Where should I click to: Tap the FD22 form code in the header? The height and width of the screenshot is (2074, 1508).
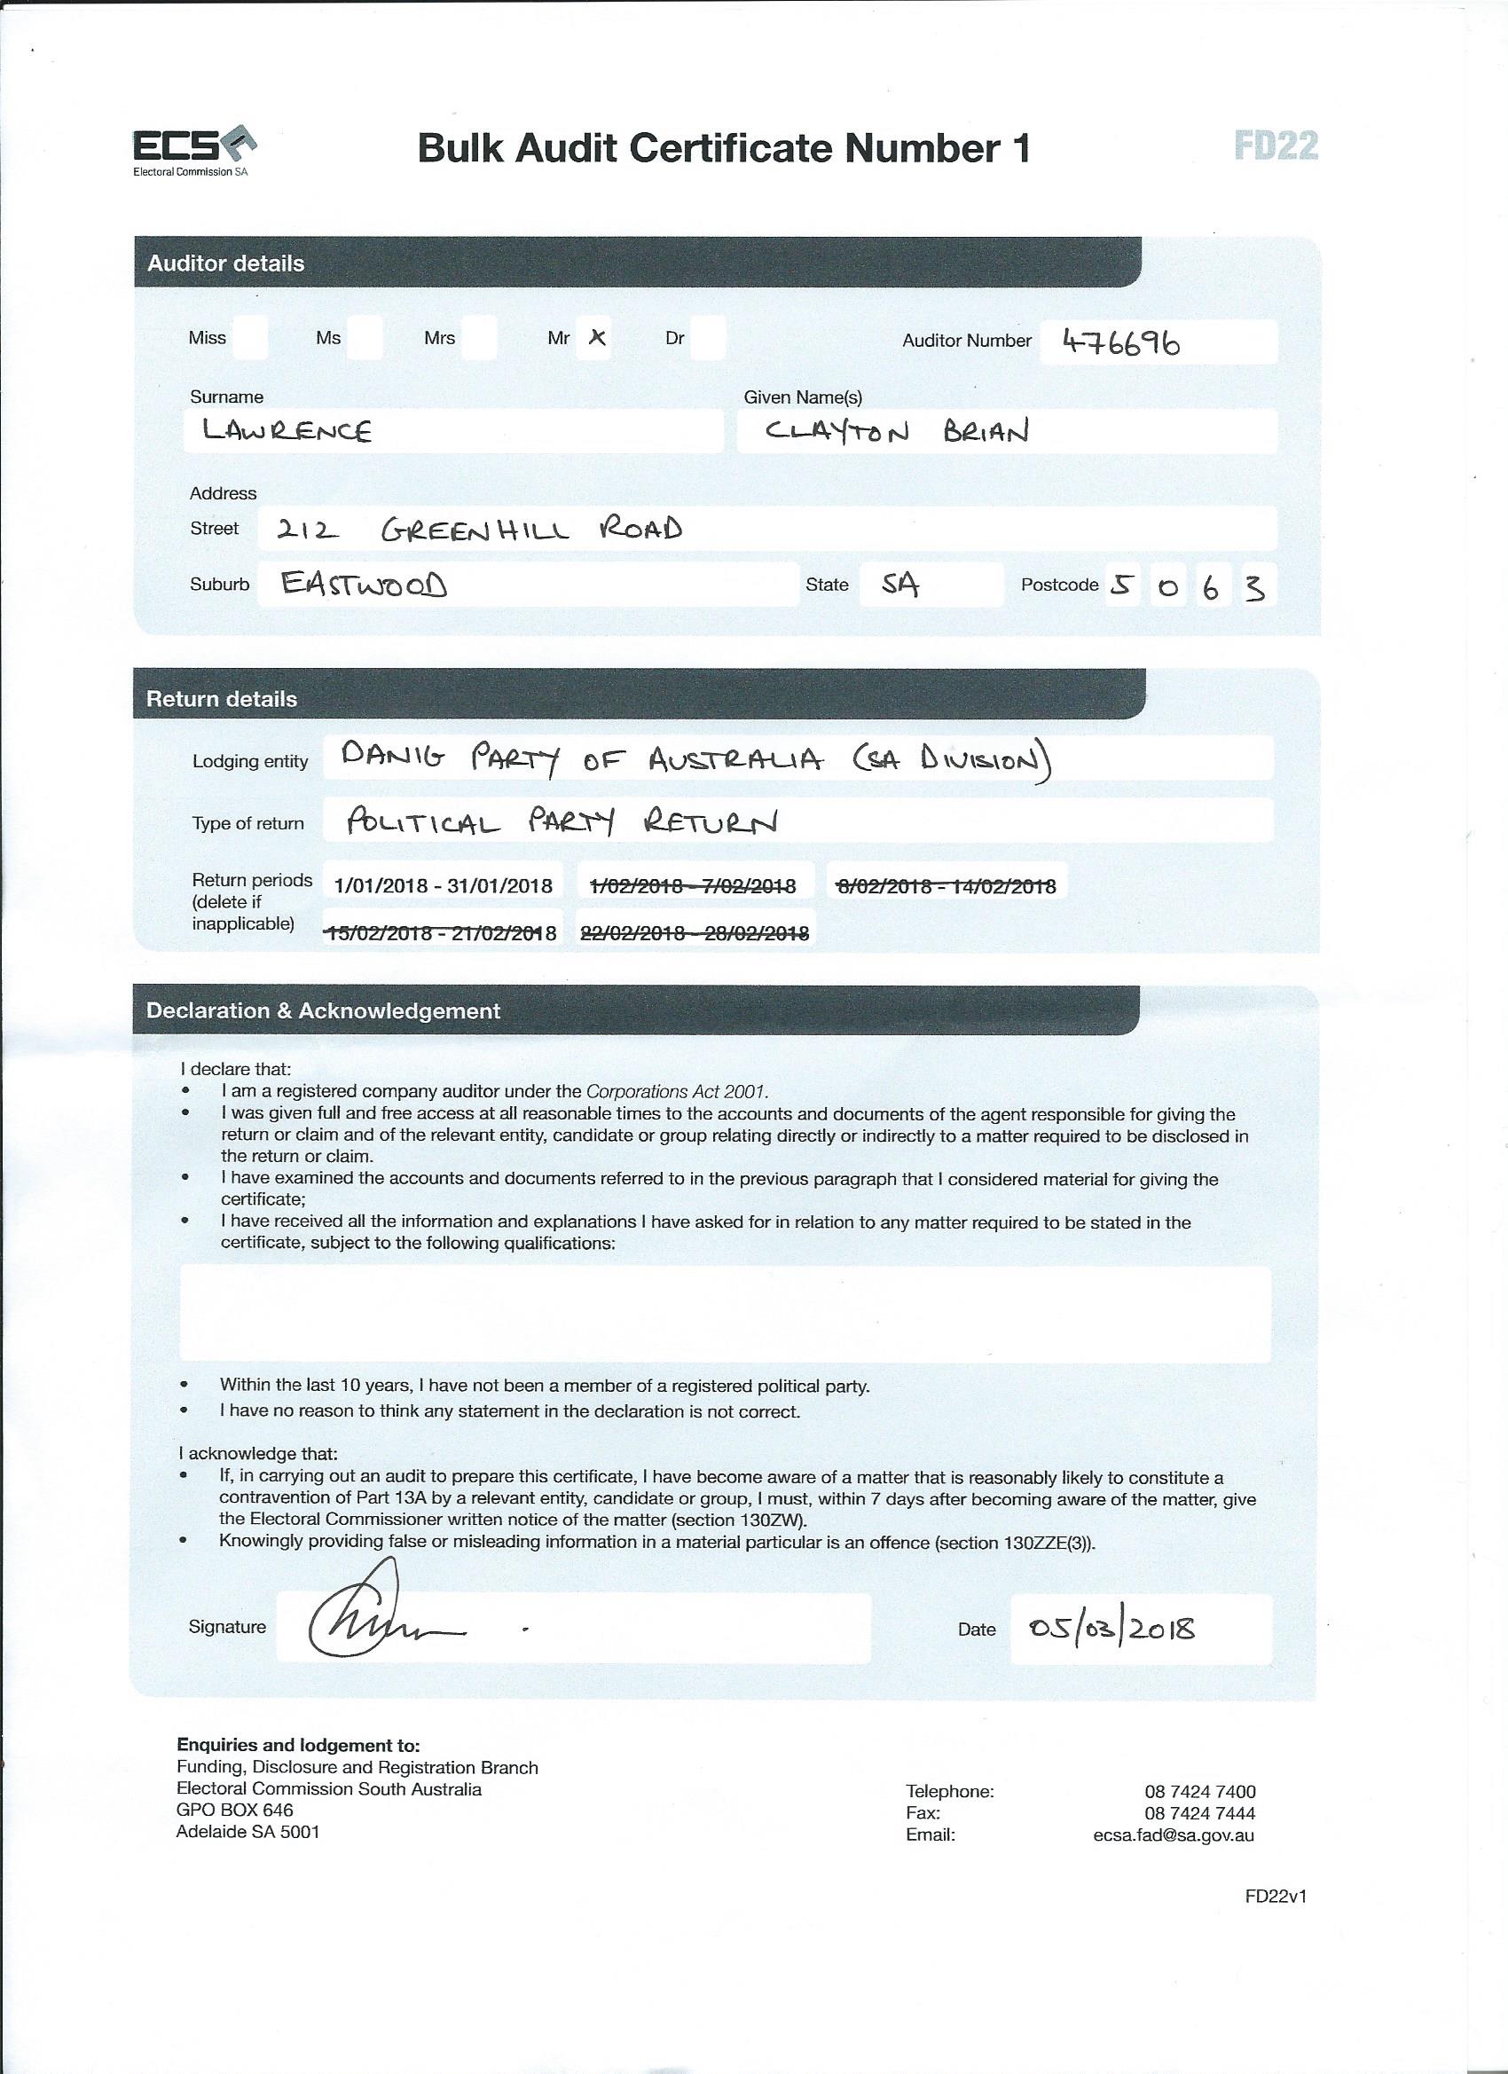[x=1275, y=146]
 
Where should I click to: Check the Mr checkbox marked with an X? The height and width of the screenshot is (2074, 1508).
[x=596, y=338]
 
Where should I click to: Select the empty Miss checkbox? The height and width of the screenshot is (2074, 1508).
[x=250, y=338]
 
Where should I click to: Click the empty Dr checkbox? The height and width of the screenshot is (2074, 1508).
[x=709, y=338]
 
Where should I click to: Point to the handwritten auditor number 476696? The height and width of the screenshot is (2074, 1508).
[x=1121, y=343]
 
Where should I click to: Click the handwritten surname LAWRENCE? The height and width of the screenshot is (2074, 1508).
[x=287, y=431]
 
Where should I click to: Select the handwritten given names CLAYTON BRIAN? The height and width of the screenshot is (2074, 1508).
[x=896, y=431]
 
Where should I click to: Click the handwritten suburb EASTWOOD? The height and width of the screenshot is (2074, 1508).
[x=364, y=585]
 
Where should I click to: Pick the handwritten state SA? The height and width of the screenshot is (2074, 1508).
[x=900, y=585]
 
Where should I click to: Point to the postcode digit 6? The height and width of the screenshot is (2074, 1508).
[x=1212, y=588]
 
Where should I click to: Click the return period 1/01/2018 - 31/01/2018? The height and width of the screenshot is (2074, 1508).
[x=444, y=885]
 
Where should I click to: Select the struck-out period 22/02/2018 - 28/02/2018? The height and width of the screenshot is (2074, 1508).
[x=695, y=932]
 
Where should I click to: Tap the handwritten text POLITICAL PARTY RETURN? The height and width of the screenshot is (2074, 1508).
[x=562, y=822]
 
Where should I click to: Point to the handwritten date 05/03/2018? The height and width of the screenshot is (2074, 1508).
[x=1112, y=1629]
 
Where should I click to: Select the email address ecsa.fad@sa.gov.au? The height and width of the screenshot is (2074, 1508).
[x=1174, y=1835]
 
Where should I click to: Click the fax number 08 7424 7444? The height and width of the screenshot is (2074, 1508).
[x=1200, y=1813]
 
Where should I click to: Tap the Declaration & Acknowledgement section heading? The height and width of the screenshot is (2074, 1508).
[x=323, y=1010]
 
